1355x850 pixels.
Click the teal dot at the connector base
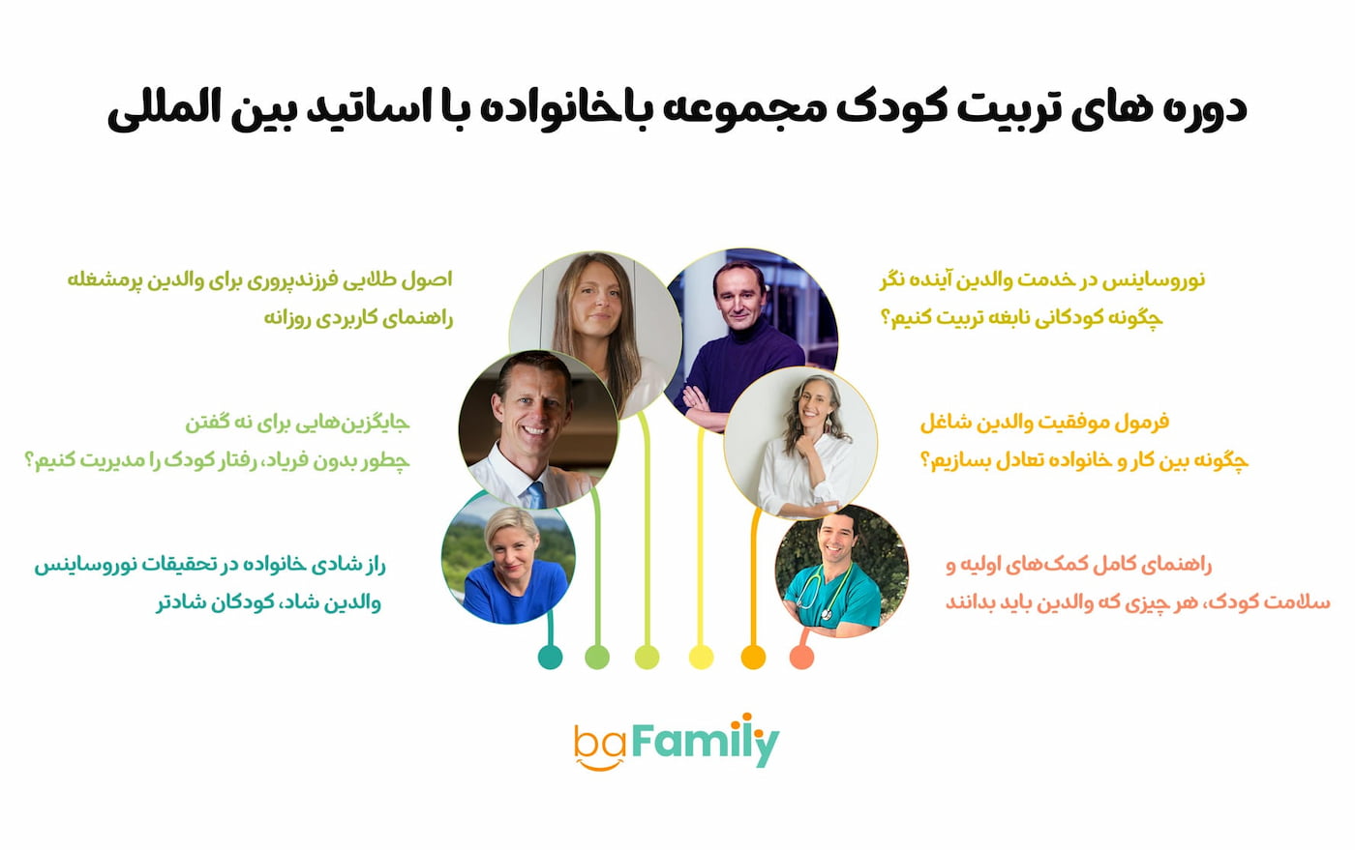coord(550,658)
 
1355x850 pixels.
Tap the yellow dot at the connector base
coord(701,658)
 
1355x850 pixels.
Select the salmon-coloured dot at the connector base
coord(801,658)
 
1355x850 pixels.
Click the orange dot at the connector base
coord(753,658)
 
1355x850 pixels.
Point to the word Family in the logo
coord(706,740)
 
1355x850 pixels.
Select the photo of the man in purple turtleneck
coord(750,338)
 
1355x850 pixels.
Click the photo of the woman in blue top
coord(509,557)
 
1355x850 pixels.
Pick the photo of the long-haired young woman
coord(596,336)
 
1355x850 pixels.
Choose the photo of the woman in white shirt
coord(800,443)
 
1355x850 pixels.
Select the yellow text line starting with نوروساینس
coord(1042,279)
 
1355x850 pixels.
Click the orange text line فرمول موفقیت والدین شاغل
coord(1044,422)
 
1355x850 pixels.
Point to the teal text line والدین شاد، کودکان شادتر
coord(269,602)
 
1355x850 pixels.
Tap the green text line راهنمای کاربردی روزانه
coord(358,318)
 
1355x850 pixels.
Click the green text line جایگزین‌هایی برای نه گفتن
coord(298,422)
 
